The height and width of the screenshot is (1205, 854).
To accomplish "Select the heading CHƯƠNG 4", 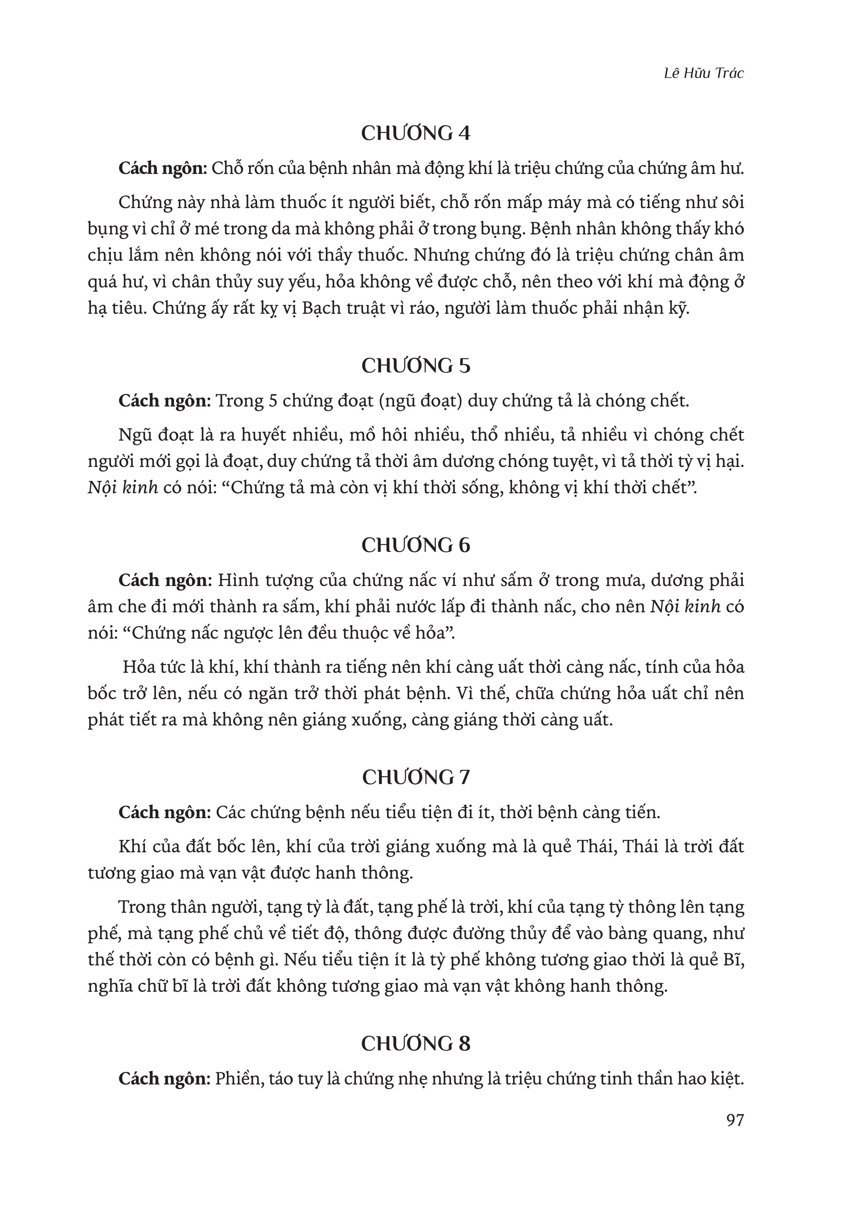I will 416,133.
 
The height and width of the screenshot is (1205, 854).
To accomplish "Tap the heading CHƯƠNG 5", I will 416,366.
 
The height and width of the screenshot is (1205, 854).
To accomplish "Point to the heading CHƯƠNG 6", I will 416,545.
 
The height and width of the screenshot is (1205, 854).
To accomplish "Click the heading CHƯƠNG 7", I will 416,777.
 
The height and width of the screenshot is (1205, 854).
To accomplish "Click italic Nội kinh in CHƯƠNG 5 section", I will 123,488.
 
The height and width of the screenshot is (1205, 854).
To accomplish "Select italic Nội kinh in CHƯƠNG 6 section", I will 685,607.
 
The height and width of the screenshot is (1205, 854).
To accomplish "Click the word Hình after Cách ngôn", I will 236,580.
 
